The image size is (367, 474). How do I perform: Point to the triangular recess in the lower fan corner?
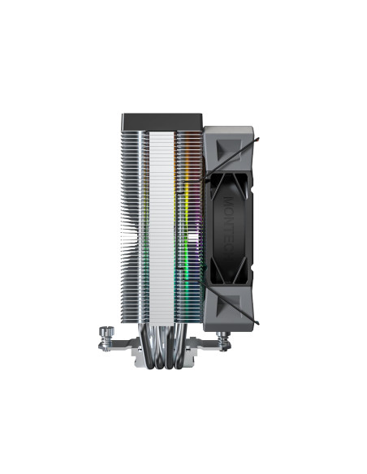click(x=231, y=306)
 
